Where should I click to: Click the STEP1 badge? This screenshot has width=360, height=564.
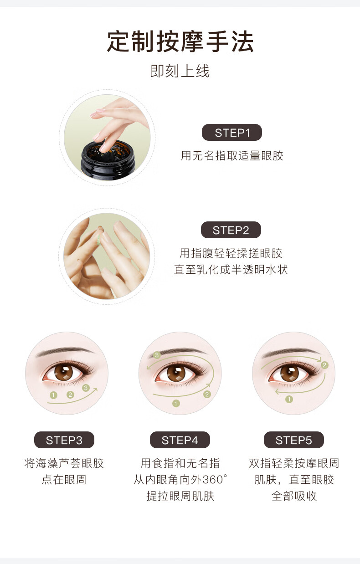coord(232,133)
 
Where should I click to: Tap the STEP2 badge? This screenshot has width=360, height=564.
coord(231,230)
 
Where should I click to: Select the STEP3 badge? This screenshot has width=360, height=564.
coord(64,440)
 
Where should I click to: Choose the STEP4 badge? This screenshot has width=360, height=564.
coord(180,440)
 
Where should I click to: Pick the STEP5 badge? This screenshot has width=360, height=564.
coord(294,440)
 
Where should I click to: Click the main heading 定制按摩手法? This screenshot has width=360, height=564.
coord(180,41)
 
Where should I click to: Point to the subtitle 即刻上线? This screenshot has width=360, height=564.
coord(180,71)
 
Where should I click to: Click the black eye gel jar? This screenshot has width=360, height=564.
coord(108,159)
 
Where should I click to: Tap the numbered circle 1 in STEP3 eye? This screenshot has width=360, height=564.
coord(53,395)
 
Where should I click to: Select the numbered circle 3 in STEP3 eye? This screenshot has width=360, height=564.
coord(86,388)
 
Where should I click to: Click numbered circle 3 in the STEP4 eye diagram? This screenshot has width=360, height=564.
coord(157,355)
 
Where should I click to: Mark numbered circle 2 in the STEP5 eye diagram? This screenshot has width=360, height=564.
coord(324,365)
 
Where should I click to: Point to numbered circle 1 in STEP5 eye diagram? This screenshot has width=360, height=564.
coord(289,399)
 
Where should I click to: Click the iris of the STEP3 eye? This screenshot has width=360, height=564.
coord(63,373)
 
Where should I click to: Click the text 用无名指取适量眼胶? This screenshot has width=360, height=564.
coord(232,156)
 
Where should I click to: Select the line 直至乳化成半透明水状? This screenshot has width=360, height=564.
coord(231,270)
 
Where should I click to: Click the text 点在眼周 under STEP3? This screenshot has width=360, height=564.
coord(64,479)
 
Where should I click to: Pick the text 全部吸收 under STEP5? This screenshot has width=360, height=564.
coord(294,496)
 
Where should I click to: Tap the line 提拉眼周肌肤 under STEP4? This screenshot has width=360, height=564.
coord(180,496)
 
